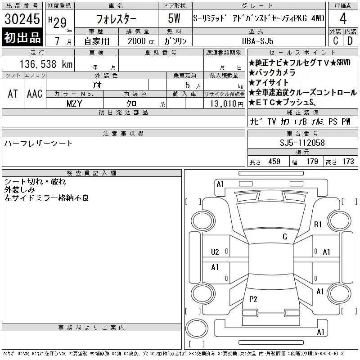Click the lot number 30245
coord(22,19)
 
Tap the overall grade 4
coord(343,18)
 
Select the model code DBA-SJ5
coord(257,41)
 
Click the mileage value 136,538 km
coord(46,64)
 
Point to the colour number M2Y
coord(74,103)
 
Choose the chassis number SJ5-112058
coord(302,143)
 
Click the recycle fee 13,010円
coord(226,104)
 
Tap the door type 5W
coord(174,18)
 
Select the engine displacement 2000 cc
coord(141,41)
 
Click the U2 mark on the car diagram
coord(215,252)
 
